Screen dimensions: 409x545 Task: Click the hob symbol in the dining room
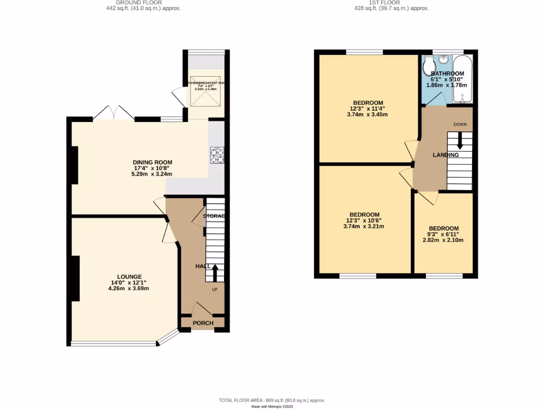point(217,155)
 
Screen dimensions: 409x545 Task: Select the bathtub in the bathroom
point(462,78)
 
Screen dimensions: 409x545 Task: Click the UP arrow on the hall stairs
point(216,273)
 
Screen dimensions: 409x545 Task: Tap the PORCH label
point(203,323)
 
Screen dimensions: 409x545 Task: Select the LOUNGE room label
point(126,276)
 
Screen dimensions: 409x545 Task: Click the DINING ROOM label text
point(152,162)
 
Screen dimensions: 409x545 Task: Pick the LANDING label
point(445,155)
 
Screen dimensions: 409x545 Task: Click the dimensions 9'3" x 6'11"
point(443,234)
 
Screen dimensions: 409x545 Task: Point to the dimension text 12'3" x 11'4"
point(367,109)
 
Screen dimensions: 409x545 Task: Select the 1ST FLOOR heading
point(384,3)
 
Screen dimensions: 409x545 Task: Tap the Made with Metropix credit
point(272,406)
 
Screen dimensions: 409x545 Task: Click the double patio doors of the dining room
point(113,113)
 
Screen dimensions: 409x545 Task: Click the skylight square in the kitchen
point(205,93)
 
